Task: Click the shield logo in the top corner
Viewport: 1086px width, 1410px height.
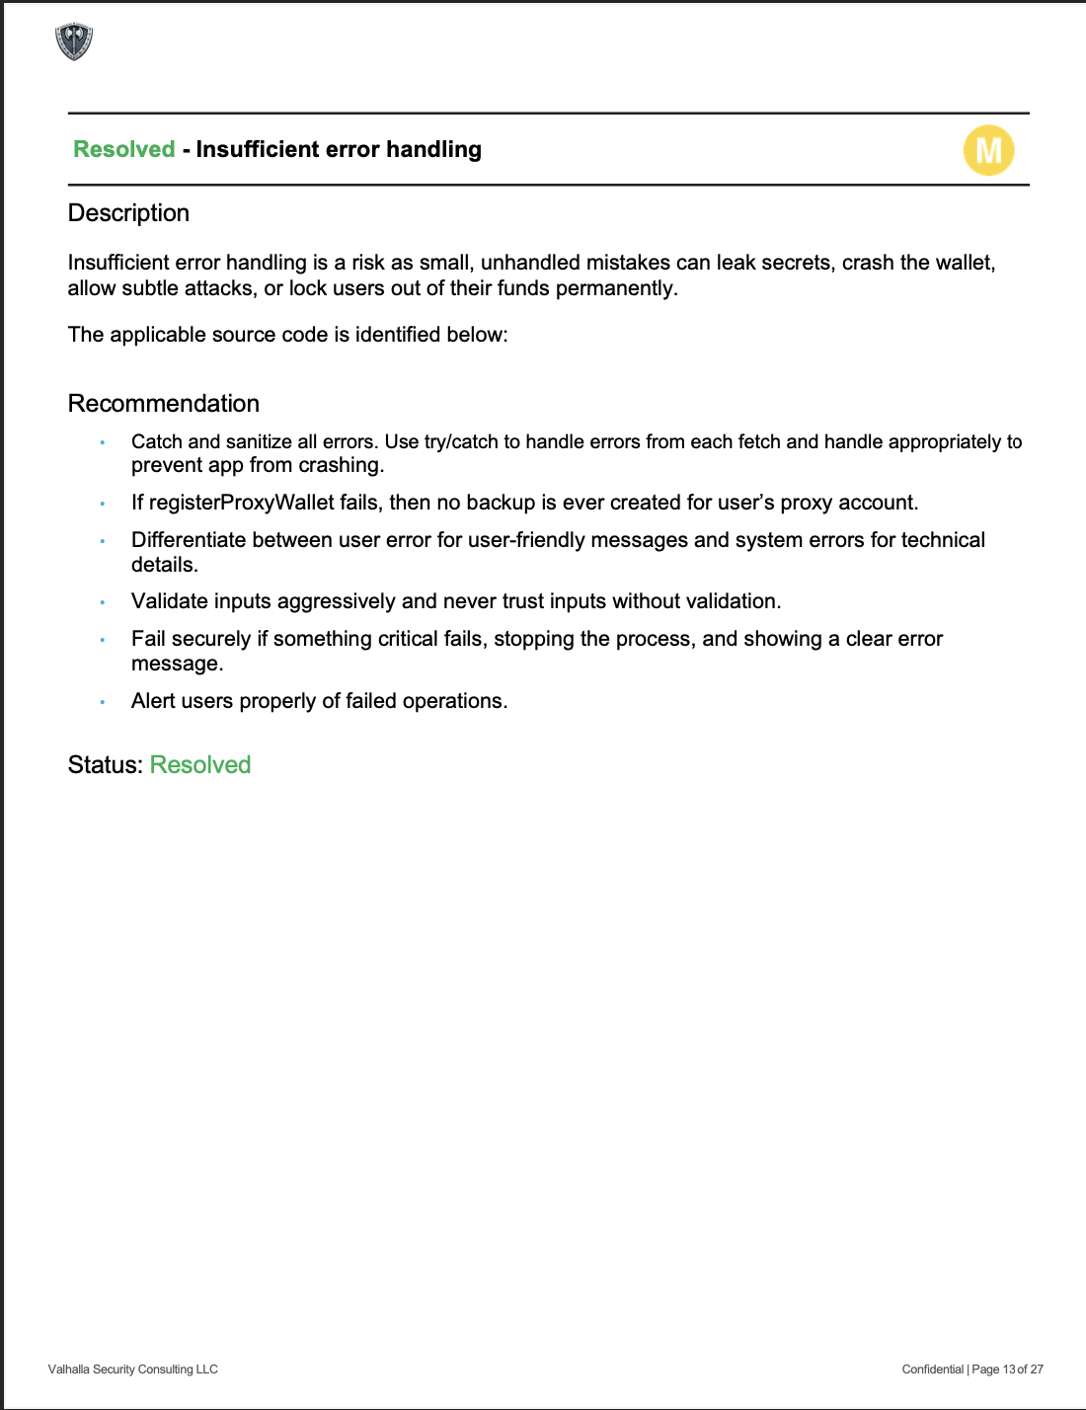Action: pyautogui.click(x=74, y=41)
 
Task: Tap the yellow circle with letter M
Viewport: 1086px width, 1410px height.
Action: pyautogui.click(x=988, y=150)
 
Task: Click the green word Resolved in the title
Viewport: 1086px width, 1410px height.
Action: pyautogui.click(x=124, y=149)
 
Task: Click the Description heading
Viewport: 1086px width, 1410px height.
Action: pyautogui.click(x=128, y=213)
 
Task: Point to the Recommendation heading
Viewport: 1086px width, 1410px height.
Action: pyautogui.click(x=164, y=404)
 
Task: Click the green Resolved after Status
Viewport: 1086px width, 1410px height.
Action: pyautogui.click(x=200, y=765)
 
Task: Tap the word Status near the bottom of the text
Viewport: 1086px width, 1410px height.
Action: pyautogui.click(x=104, y=765)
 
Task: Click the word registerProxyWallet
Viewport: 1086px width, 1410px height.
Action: pyautogui.click(x=242, y=503)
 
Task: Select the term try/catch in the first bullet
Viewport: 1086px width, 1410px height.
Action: pyautogui.click(x=461, y=441)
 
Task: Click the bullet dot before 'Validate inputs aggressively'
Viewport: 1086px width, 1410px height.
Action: pyautogui.click(x=103, y=602)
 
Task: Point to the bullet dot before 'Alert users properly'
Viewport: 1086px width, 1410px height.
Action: pyautogui.click(x=103, y=702)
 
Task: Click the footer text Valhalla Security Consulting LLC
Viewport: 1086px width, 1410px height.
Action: pyautogui.click(x=133, y=1370)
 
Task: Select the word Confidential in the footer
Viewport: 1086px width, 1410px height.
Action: pyautogui.click(x=932, y=1370)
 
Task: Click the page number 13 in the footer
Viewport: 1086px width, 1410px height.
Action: pyautogui.click(x=1008, y=1370)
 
